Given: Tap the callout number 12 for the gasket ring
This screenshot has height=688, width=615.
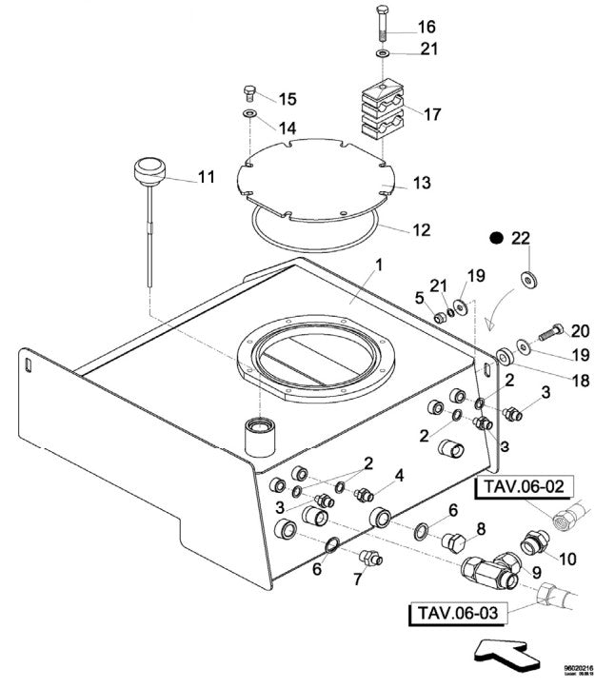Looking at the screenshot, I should coord(420,229).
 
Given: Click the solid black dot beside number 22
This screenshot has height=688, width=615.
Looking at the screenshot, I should coord(495,239).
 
